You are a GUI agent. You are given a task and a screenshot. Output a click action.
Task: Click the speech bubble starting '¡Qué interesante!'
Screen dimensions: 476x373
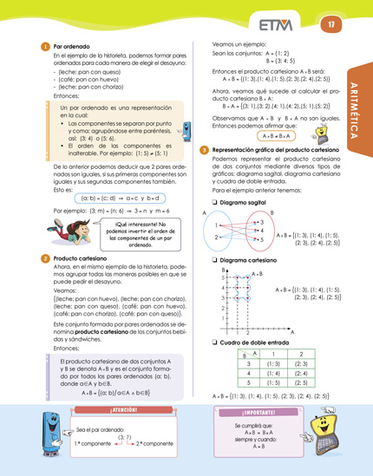point(132,231)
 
